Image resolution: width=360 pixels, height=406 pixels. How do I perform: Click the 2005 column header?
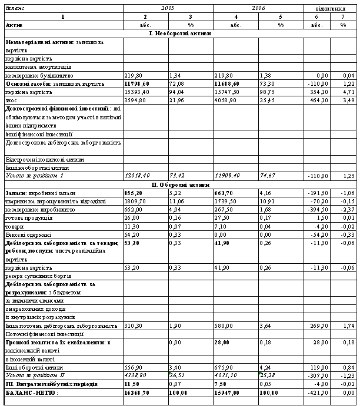click(x=168, y=8)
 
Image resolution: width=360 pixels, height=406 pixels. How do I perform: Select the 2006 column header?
click(x=258, y=8)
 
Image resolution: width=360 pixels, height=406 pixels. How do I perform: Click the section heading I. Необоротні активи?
click(x=179, y=33)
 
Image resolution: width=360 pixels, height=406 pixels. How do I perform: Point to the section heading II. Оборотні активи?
click(x=179, y=184)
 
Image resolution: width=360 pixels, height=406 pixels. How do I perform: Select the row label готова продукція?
click(x=24, y=218)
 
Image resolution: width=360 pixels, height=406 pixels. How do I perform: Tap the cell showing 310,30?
click(x=134, y=325)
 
